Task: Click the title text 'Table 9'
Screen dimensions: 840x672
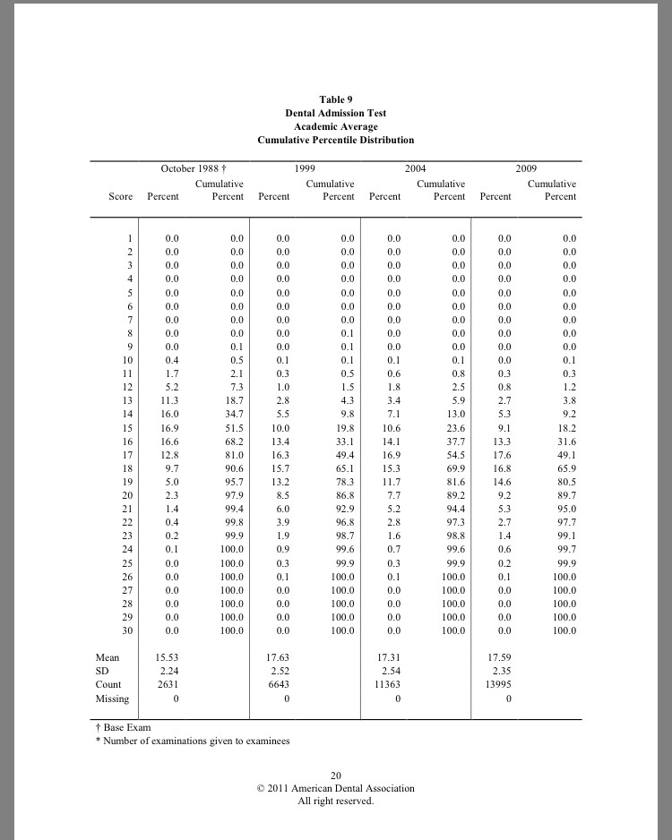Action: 335,99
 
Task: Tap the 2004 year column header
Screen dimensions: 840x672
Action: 415,168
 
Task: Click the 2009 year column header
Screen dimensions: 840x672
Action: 526,168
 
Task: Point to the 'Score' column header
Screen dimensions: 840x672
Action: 120,197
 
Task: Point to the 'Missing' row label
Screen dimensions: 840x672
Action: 112,699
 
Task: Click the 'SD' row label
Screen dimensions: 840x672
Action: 101,671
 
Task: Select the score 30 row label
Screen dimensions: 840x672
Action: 127,631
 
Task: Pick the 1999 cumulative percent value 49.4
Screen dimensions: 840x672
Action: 342,455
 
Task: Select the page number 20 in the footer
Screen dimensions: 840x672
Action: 336,776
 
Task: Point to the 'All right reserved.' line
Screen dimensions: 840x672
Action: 335,801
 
